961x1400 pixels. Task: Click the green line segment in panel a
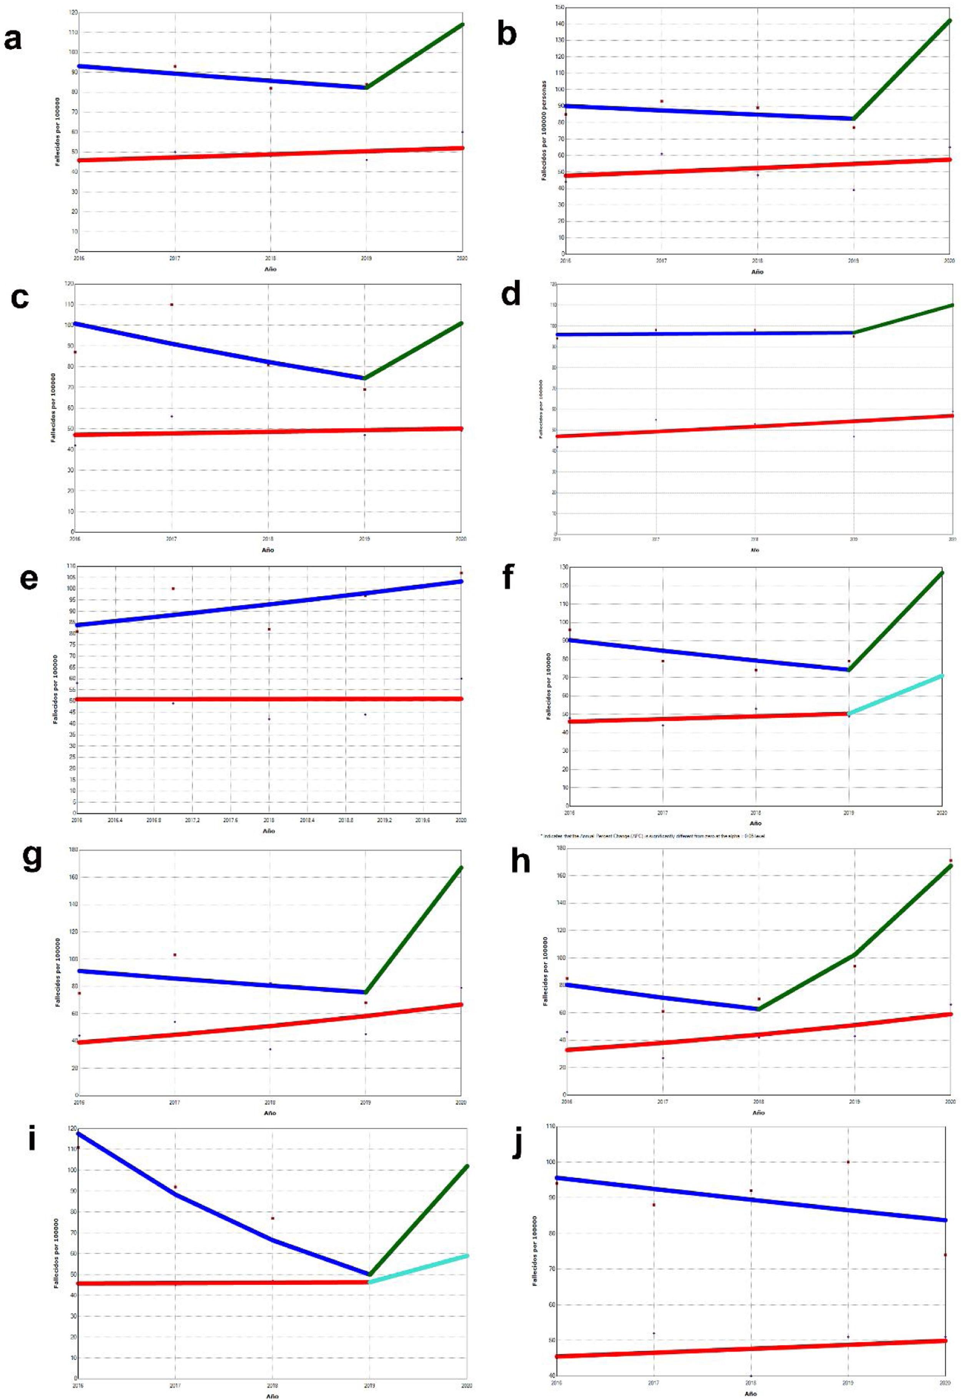(x=414, y=55)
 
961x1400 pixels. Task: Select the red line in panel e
(x=269, y=699)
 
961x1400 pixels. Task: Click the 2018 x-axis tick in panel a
(x=271, y=258)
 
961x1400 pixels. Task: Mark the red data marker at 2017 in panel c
(x=172, y=305)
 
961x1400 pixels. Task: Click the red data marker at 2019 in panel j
(x=848, y=1162)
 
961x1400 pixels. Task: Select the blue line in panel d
(x=705, y=333)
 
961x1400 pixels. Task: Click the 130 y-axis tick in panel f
(x=564, y=568)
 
